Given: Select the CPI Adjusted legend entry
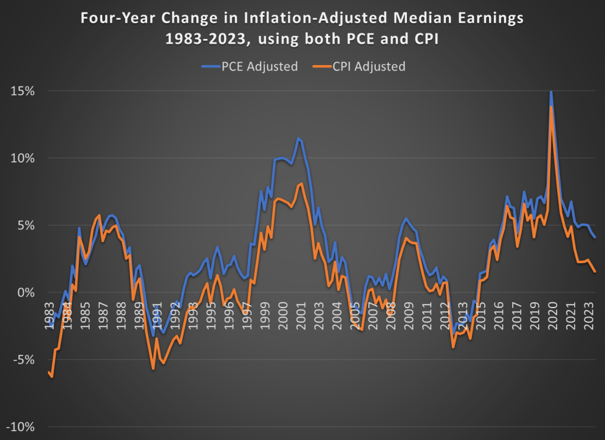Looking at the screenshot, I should click(x=366, y=66).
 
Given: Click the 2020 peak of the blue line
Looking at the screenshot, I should click(x=551, y=92).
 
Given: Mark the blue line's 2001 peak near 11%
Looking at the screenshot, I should click(x=299, y=138).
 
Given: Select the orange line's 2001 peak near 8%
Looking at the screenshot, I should click(x=302, y=183).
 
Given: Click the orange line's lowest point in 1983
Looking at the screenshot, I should click(x=52, y=377).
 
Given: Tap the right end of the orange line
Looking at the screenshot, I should click(x=595, y=271).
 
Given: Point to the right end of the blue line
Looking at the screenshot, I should click(x=595, y=237).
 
